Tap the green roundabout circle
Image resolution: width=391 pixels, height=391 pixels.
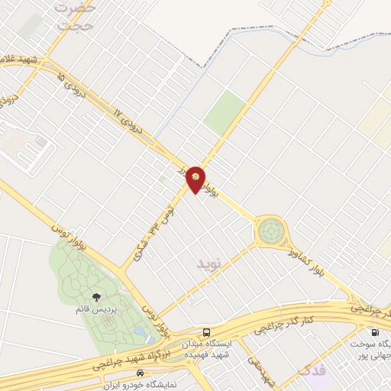point(270,230)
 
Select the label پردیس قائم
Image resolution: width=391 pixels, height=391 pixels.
point(96,311)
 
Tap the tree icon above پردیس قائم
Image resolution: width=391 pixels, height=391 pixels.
point(96,298)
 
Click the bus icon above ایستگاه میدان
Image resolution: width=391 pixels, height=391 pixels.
point(207,331)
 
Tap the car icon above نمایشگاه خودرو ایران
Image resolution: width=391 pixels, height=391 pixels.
point(139,373)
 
